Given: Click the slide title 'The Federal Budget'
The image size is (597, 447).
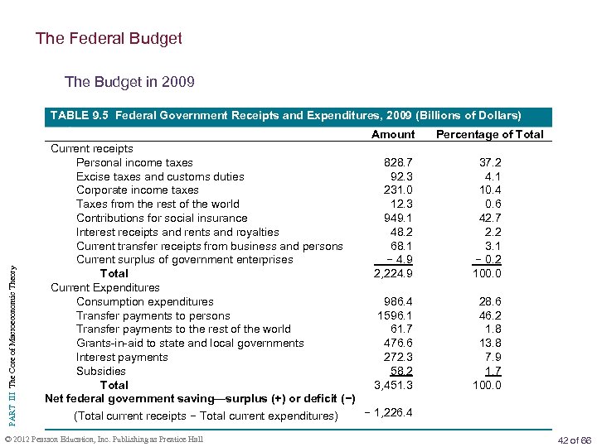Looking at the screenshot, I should tap(109, 39).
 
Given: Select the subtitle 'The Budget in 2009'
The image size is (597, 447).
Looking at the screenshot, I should tap(129, 82).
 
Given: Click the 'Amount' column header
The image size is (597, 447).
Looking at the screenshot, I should tap(393, 134).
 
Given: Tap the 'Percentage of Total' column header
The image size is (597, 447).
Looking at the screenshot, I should tap(490, 134).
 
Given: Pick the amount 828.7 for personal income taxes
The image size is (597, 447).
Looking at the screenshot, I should tap(394, 162).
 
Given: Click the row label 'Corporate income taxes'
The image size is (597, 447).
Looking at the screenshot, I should tap(138, 190).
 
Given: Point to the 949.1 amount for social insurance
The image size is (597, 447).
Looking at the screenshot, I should tap(394, 218).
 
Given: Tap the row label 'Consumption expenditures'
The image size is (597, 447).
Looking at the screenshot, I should tap(145, 301).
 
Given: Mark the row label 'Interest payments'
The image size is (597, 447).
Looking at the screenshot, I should tap(122, 357).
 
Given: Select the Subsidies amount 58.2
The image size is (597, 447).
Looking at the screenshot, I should tap(397, 371).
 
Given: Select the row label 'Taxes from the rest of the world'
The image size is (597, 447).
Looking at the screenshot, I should tap(158, 204).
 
